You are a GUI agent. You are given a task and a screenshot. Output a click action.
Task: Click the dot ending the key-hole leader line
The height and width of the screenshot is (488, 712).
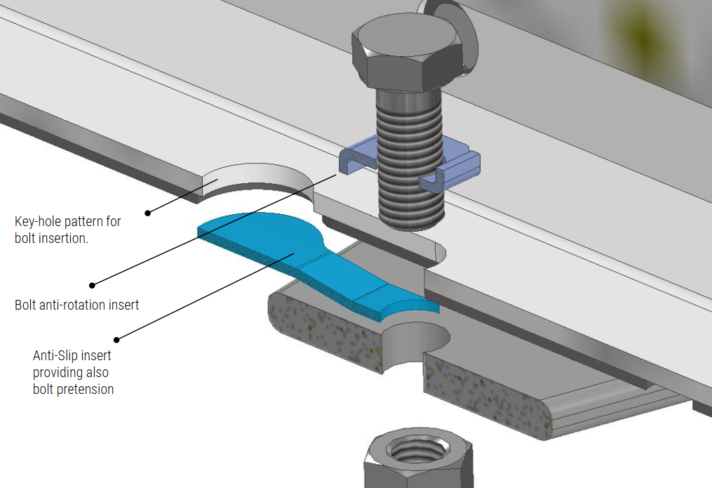tap(147, 212)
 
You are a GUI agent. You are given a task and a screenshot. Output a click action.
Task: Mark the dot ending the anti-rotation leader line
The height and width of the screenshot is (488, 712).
tap(91, 285)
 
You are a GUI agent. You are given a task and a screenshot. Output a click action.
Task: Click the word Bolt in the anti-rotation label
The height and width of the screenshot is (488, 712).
tap(27, 305)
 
